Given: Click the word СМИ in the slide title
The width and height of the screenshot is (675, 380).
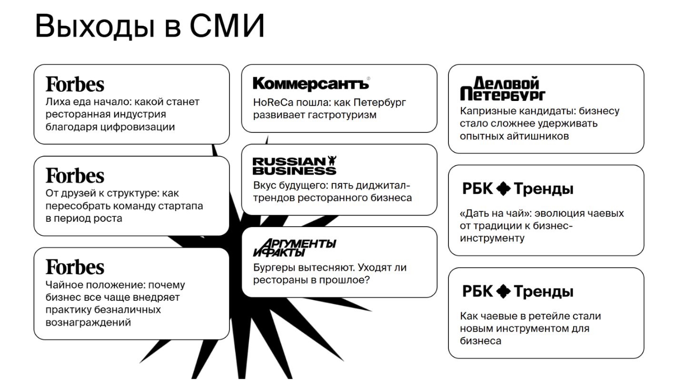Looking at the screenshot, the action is (227, 26).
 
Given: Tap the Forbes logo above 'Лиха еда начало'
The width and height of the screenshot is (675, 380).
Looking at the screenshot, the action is (75, 84).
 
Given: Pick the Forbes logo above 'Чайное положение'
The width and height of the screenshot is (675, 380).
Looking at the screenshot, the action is (75, 267).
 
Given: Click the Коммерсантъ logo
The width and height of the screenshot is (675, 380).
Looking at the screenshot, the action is (311, 83).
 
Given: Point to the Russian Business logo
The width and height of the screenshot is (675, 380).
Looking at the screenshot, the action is (294, 165).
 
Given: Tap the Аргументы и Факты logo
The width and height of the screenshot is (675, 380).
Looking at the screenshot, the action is (294, 248).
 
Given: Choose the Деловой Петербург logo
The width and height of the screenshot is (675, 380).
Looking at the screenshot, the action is (503, 88).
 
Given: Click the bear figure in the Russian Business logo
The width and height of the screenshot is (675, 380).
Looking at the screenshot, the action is (332, 160).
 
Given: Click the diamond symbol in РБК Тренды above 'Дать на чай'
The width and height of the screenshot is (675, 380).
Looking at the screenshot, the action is (503, 189).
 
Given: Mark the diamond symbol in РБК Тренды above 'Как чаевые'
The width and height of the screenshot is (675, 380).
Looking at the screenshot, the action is (503, 291).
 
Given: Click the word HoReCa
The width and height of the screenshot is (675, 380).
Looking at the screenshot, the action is (273, 102).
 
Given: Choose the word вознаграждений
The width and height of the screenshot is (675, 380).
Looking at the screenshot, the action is (88, 322).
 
